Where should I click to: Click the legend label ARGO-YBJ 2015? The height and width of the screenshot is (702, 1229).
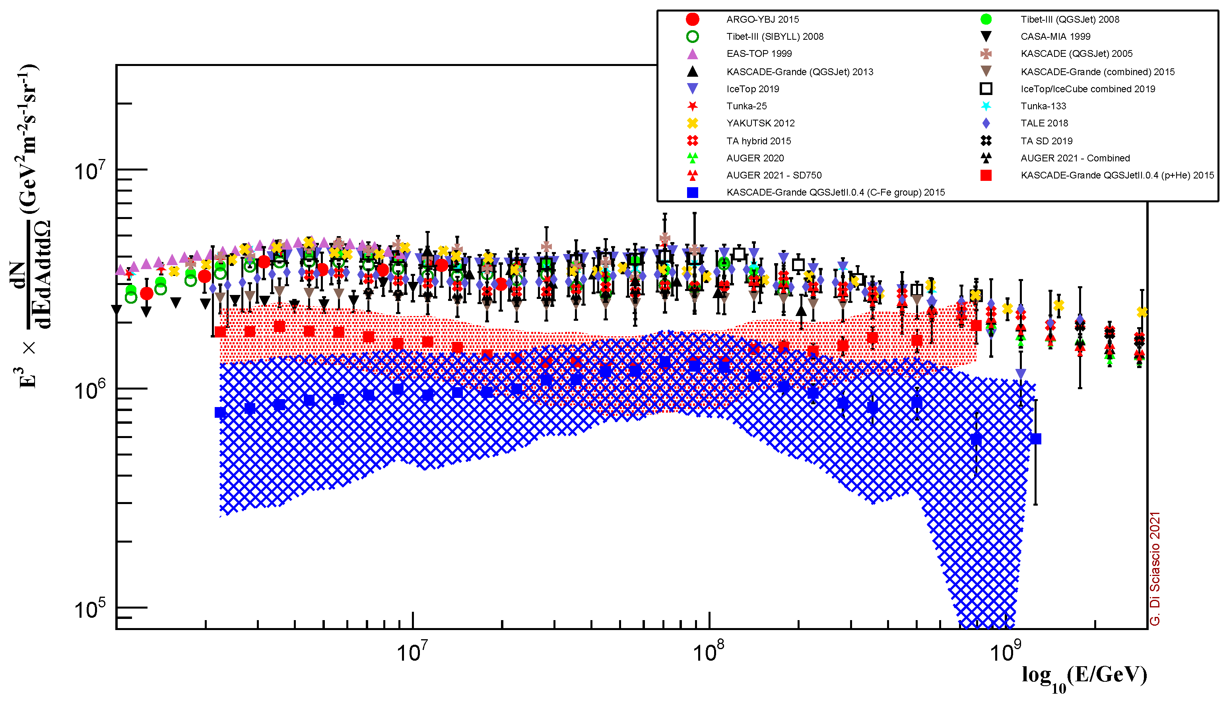(762, 19)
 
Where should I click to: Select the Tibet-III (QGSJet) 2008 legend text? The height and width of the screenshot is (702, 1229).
(1070, 19)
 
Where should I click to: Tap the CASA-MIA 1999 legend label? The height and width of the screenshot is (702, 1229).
(1055, 37)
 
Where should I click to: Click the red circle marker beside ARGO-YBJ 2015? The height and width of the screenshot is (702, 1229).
(692, 19)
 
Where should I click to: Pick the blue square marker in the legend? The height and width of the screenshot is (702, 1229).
(692, 192)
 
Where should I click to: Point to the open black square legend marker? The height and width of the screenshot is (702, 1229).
(986, 89)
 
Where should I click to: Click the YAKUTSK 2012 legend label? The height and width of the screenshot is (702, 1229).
(760, 124)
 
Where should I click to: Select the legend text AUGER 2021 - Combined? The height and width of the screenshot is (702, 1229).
(1075, 158)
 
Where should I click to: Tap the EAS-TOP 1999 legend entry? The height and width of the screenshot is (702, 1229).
(759, 54)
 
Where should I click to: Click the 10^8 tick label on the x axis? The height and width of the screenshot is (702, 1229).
(708, 652)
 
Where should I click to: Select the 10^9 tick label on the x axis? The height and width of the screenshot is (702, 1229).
(1005, 652)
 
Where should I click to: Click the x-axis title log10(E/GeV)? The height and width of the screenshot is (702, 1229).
(1084, 676)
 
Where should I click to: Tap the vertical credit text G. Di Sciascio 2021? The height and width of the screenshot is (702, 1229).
(1155, 569)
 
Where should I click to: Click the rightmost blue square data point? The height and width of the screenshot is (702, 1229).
(1035, 439)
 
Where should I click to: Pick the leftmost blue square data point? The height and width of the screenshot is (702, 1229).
(220, 412)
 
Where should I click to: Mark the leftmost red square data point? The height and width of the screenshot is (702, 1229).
(220, 332)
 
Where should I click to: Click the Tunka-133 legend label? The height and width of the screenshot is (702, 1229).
(1043, 106)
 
